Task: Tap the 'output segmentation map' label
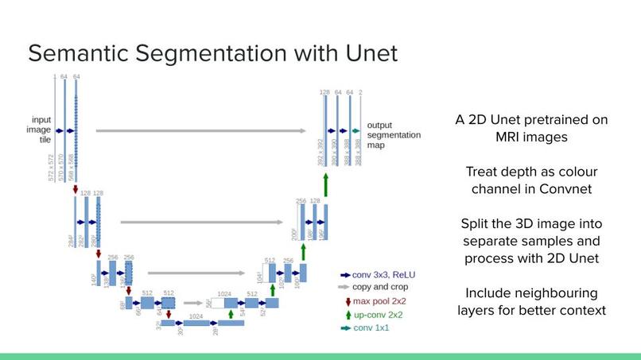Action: coord(393,136)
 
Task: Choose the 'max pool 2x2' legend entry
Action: coord(378,301)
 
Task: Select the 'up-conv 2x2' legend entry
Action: coord(377,315)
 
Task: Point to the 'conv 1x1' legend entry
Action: coord(371,327)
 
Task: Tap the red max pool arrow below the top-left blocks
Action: coord(76,189)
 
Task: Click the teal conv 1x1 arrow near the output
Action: coord(355,130)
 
